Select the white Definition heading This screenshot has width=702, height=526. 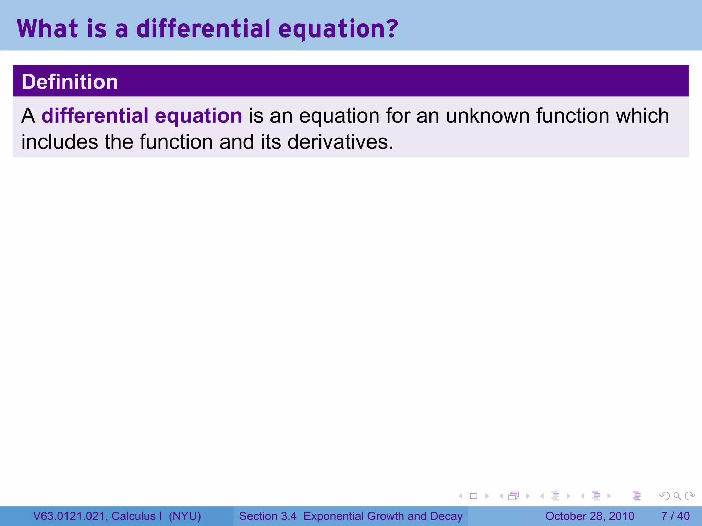[x=70, y=82]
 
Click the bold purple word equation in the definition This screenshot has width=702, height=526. [x=198, y=115]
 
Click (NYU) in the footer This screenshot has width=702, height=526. [x=185, y=516]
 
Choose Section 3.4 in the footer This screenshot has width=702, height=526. [x=268, y=516]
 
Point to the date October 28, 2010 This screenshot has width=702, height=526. [x=590, y=516]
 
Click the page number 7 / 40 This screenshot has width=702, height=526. [x=675, y=516]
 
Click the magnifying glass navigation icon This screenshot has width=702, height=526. [x=677, y=496]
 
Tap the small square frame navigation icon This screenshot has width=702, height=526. [x=474, y=496]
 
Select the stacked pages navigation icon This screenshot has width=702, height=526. [x=513, y=496]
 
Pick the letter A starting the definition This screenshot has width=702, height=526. [x=28, y=115]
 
